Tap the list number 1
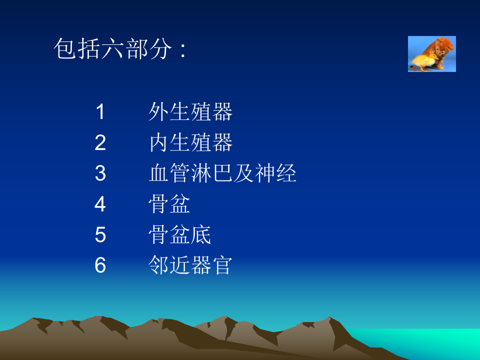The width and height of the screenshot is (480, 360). tap(100, 112)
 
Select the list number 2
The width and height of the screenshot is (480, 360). tap(100, 143)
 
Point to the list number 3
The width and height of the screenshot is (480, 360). tap(100, 173)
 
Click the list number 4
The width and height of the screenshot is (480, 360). tap(100, 204)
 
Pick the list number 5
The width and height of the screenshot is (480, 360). tap(100, 234)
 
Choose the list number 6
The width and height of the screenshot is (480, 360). tap(100, 265)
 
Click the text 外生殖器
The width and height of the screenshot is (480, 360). tap(190, 112)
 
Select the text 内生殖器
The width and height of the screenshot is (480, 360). tap(190, 143)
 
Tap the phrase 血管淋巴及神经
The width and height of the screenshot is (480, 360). tap(222, 173)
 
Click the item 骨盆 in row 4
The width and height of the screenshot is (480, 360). tap(169, 204)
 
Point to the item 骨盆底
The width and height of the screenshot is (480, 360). tap(180, 234)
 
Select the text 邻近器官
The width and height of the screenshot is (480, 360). tap(190, 265)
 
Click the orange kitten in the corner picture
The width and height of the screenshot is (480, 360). tap(440, 48)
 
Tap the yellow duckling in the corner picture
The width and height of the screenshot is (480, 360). tap(423, 62)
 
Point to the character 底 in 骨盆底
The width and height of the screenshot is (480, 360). tap(201, 234)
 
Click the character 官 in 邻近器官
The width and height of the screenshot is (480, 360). tap(222, 265)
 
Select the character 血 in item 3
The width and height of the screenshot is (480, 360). tap(159, 173)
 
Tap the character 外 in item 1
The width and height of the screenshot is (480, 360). tap(159, 112)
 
